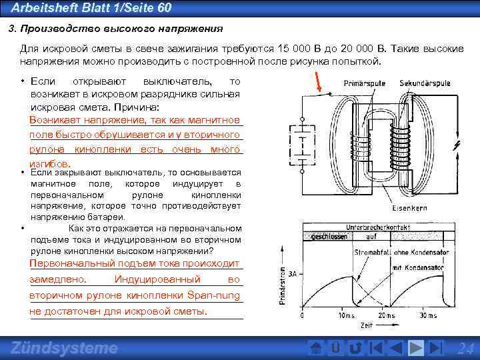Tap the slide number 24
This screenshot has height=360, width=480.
pos(465,349)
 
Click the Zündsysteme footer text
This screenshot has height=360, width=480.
pos(65,348)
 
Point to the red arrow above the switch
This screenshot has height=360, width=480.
pos(319,83)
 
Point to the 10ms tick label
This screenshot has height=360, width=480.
pos(346,315)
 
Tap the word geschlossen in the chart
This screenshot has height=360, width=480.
pos(327,237)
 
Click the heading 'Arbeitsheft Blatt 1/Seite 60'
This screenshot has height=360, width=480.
pos(92,7)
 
